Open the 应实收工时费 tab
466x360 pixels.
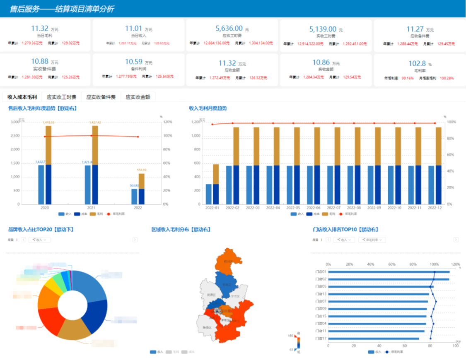click(61, 97)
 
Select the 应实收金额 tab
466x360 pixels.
click(138, 97)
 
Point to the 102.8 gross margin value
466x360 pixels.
click(417, 64)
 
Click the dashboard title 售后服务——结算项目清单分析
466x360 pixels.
click(62, 9)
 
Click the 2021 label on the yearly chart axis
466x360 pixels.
click(92, 208)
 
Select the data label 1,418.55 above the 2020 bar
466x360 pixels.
click(48, 122)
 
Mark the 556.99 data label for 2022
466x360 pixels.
click(142, 170)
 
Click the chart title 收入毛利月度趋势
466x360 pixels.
click(208, 108)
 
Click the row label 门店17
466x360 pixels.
click(321, 338)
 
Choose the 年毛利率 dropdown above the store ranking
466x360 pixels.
click(372, 240)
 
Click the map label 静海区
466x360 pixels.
click(207, 327)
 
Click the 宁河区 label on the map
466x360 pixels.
click(235, 296)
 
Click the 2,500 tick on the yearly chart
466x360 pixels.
click(14, 136)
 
